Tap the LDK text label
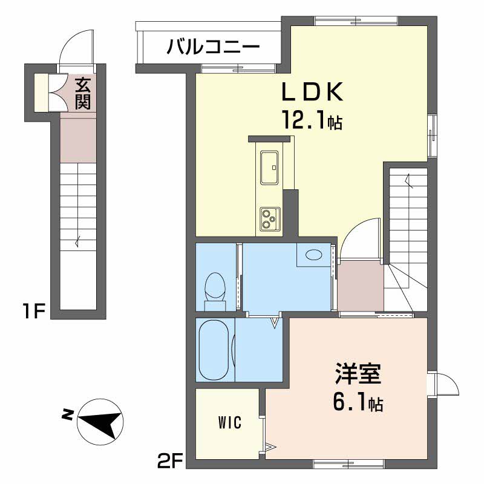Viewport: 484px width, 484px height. point(312,93)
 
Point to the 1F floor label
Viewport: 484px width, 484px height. point(34,312)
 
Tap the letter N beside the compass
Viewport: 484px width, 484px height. point(67,415)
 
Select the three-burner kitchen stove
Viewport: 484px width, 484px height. point(269,218)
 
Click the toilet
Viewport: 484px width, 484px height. point(215,287)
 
